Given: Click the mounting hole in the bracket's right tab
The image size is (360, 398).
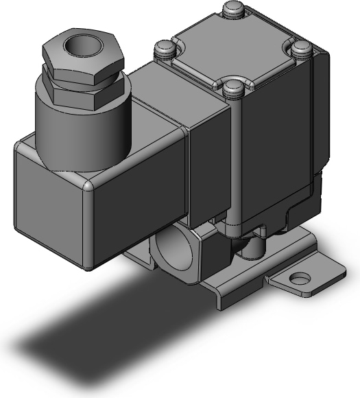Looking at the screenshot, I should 299,279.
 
